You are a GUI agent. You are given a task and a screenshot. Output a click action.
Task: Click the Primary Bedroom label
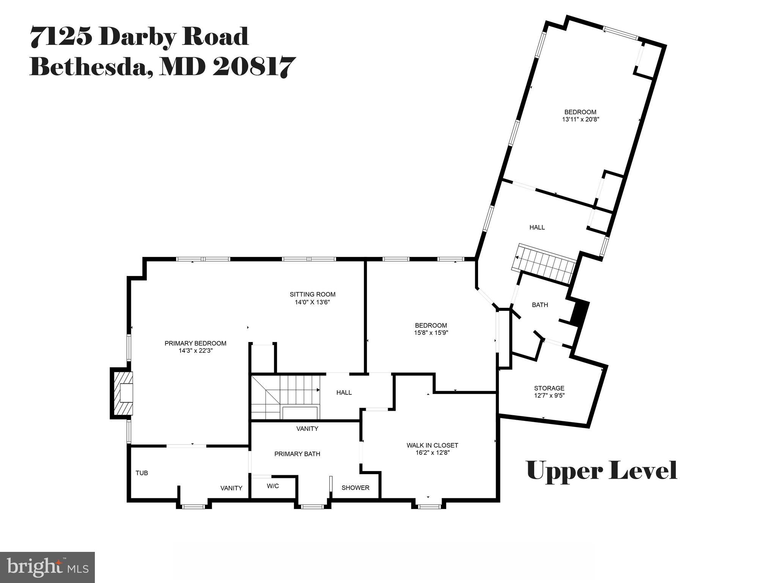coord(195,343)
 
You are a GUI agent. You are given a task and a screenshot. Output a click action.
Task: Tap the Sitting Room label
coord(313,295)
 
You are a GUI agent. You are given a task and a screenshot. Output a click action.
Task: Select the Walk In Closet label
coord(432,445)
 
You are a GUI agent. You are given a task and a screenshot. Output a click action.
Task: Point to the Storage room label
coord(549,388)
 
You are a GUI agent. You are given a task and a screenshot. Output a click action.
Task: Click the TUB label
coord(142,473)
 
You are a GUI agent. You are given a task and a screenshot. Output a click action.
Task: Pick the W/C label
coord(273,486)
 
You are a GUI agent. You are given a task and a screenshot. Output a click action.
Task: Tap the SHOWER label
coord(355,488)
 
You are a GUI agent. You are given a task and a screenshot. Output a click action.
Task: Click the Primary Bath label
coord(297,454)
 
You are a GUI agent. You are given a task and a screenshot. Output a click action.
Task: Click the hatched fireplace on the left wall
coord(122,393)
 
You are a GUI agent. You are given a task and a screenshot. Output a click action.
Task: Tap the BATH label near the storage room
coord(539,305)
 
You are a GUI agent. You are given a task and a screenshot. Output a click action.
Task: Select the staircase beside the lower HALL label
coord(285,397)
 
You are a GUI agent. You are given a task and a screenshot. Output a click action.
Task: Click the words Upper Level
coord(602,471)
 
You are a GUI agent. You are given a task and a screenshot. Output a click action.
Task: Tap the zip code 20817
coord(253,67)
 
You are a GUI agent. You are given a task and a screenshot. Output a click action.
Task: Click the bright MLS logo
coord(47,567)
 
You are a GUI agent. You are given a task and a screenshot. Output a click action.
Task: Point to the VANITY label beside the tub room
coord(231,488)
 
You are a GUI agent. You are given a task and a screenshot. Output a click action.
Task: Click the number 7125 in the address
coord(61,37)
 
